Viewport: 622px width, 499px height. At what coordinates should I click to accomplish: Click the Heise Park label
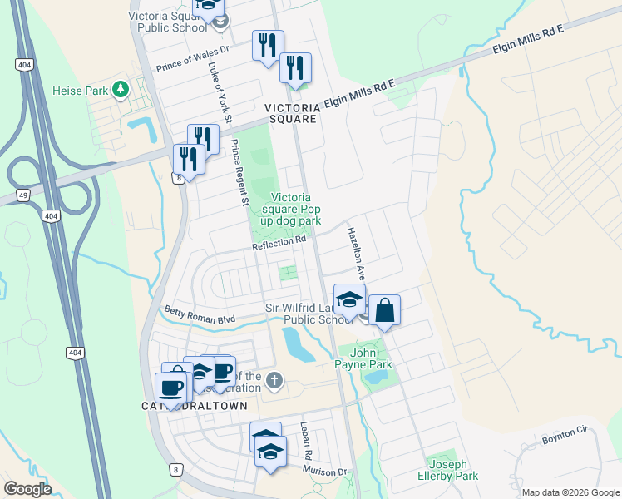[x=80, y=90]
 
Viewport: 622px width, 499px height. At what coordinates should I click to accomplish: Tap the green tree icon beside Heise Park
[x=121, y=87]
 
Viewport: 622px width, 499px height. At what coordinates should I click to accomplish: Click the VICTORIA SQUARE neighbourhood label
[x=291, y=114]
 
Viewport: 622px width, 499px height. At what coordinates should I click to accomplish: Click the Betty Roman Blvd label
[x=200, y=317]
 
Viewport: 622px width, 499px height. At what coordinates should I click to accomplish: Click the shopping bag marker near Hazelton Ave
[x=384, y=310]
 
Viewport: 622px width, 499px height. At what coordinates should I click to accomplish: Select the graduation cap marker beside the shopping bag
[x=349, y=299]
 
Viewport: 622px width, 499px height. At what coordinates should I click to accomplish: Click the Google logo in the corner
[x=27, y=489]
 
